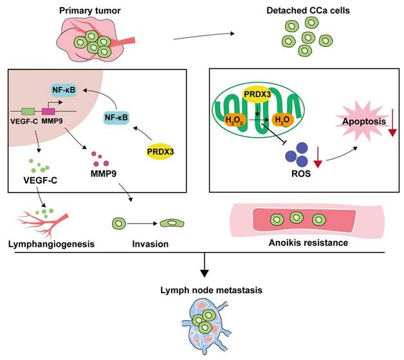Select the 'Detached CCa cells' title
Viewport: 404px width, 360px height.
(305, 10)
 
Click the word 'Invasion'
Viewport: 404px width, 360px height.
(150, 244)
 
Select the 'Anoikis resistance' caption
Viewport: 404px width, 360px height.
(307, 243)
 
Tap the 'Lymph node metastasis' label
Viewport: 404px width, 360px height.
(203, 290)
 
